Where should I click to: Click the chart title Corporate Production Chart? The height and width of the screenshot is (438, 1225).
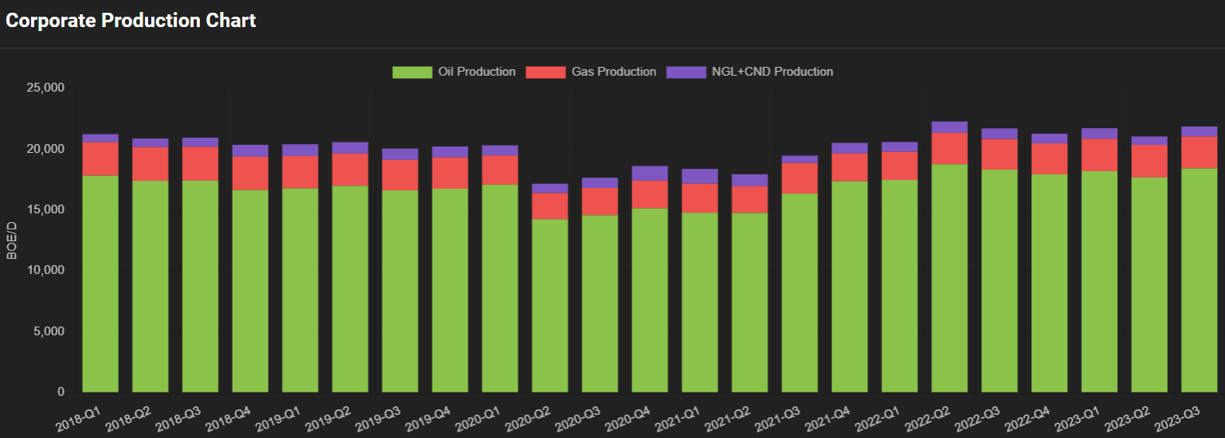[x=131, y=21]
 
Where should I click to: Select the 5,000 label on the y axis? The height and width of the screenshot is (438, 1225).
[x=50, y=331]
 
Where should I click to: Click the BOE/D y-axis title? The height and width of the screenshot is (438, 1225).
[x=11, y=240]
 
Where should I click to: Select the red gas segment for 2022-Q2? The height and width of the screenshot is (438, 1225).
[x=949, y=148]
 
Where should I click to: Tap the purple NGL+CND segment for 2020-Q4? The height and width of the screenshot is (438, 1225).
[x=650, y=173]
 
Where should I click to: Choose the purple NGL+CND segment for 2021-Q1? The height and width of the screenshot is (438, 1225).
[x=700, y=176]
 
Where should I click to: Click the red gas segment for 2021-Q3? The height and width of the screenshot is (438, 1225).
[x=800, y=178]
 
